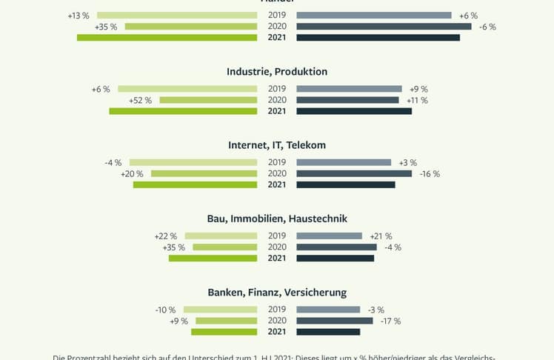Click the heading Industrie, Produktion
pos(277,72)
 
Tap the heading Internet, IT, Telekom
pos(277,145)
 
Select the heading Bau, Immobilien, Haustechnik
pos(277,219)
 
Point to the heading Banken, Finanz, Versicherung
pos(277,293)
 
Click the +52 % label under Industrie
pos(140,100)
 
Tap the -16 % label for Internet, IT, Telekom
pos(430,174)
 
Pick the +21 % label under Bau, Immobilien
pos(381,236)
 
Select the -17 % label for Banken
pos(390,321)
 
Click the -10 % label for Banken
pos(166,310)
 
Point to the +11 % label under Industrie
pos(417,100)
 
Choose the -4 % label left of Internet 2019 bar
pos(113,163)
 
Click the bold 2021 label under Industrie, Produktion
pos(277,111)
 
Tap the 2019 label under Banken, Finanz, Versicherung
pos(277,310)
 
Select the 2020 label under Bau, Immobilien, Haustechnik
pos(277,247)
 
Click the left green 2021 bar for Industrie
pos(183,111)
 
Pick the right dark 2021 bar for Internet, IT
pos(346,184)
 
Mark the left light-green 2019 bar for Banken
pos(220,310)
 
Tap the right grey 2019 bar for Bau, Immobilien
pos(329,236)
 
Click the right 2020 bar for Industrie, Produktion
pos(347,100)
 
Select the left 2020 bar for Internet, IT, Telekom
pos(204,174)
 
